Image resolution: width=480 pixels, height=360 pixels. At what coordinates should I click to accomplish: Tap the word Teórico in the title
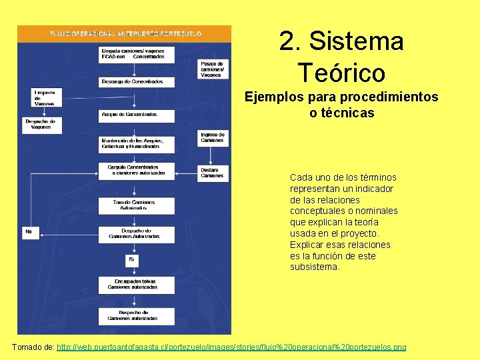pos(341,72)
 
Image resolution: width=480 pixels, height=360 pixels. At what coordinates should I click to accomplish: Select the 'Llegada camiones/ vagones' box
pos(137,54)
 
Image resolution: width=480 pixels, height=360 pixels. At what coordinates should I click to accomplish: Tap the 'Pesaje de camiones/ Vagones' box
pos(213,69)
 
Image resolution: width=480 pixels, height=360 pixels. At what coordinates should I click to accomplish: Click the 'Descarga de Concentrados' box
pos(137,81)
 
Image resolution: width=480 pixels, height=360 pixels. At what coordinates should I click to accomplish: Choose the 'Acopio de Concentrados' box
pos(137,115)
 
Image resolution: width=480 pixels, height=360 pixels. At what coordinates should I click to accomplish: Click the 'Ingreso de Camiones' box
pos(213,138)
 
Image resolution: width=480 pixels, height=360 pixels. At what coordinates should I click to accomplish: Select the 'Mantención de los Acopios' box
pos(137,143)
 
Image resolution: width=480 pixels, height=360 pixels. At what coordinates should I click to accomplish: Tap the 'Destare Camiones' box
pos(213,173)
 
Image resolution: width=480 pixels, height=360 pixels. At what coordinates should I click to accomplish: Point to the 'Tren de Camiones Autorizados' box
pos(137,205)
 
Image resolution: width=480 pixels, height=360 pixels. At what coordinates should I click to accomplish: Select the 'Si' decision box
pos(132,259)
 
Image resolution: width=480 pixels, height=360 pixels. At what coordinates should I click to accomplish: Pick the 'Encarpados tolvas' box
pos(137,284)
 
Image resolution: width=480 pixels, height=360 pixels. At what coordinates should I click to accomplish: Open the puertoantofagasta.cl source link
pos(231,347)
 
